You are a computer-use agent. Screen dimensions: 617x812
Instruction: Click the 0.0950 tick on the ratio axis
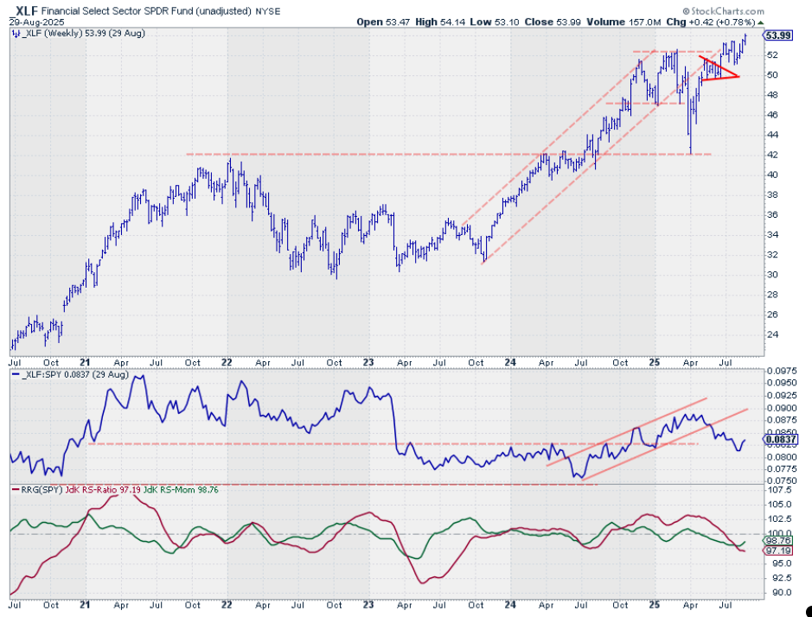[781, 382]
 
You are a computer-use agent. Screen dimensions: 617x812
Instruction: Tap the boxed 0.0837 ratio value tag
[780, 439]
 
